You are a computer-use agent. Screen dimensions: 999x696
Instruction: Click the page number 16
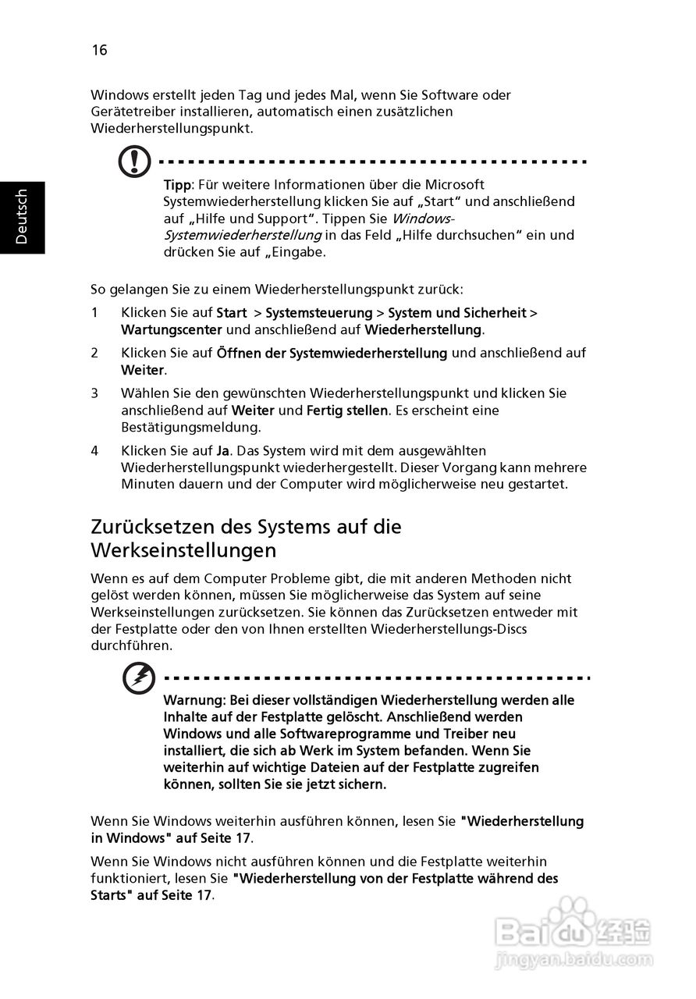[99, 51]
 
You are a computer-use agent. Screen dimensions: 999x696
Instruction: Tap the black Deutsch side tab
[22, 217]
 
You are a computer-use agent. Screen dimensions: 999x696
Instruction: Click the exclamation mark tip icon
[135, 162]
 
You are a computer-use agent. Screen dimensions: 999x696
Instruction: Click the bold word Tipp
[177, 185]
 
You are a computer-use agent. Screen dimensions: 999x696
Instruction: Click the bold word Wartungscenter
[172, 329]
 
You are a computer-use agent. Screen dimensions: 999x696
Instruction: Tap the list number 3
[94, 393]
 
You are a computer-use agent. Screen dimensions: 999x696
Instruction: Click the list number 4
[94, 451]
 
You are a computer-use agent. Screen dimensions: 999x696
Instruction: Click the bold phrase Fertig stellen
[347, 410]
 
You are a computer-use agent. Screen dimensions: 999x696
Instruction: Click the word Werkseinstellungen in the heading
[183, 550]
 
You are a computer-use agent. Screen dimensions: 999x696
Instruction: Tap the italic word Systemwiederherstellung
[242, 235]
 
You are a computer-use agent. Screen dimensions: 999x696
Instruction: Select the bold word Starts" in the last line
[111, 895]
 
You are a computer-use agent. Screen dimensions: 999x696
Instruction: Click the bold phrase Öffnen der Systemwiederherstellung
[332, 353]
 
